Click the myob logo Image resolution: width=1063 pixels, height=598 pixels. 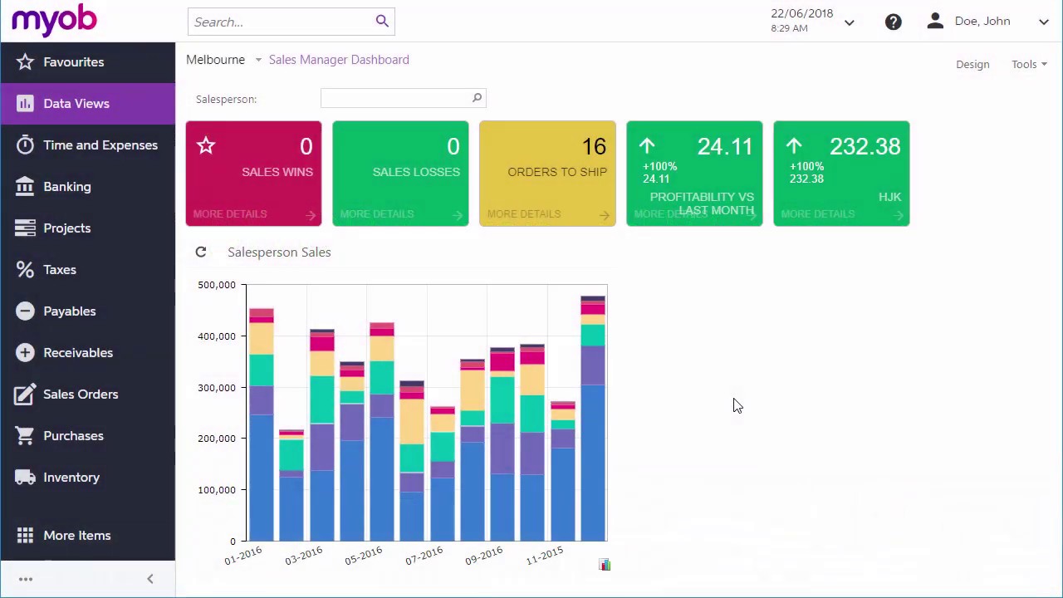(x=54, y=21)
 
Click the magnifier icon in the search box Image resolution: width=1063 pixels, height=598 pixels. (x=382, y=22)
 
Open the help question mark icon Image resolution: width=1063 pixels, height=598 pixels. (x=893, y=22)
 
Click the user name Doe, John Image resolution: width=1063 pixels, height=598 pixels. (x=982, y=22)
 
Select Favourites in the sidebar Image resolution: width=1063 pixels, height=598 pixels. (x=73, y=62)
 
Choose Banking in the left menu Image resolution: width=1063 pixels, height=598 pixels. (x=66, y=187)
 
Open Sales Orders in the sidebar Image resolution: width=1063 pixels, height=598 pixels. (x=80, y=395)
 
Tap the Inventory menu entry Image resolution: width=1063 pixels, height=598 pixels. (x=71, y=478)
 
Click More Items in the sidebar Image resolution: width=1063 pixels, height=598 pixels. (x=76, y=536)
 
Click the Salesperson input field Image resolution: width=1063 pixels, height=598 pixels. (x=395, y=99)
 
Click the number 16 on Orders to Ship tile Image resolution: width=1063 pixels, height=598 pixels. (x=593, y=147)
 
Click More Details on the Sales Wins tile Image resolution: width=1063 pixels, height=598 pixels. (x=230, y=214)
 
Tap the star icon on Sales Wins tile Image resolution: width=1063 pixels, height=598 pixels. (x=206, y=147)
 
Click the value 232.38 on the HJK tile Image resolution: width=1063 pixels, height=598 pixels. (x=865, y=147)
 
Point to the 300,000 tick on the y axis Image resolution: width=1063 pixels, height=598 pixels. (x=216, y=388)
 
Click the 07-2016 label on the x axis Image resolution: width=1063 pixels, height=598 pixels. (x=424, y=556)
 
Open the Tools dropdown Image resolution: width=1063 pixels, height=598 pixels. (x=1028, y=65)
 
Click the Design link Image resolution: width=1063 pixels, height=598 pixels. (x=972, y=65)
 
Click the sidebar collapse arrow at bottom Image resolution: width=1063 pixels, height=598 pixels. (x=150, y=579)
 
